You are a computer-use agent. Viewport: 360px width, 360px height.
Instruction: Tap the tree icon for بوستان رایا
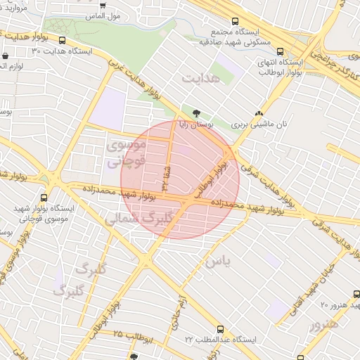tap(195, 112)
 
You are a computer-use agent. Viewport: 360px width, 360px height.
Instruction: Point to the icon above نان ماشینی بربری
tap(259, 112)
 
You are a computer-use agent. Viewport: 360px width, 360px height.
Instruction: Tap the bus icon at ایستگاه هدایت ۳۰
tap(62, 40)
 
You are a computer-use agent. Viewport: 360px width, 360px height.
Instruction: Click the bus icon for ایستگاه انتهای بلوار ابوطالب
tap(281, 51)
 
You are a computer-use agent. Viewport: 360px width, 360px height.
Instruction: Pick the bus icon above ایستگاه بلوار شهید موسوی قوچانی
tap(44, 198)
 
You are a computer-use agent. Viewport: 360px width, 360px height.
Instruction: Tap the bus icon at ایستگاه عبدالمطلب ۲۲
tap(221, 329)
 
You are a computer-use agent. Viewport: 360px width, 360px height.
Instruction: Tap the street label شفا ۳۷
tap(167, 176)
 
